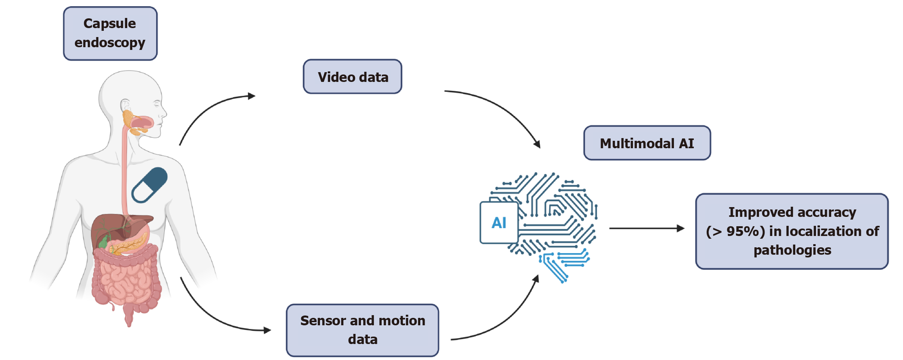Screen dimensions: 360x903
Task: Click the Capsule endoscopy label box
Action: click(110, 34)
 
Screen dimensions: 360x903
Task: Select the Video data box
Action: click(352, 77)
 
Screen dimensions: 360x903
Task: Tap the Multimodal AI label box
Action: click(647, 143)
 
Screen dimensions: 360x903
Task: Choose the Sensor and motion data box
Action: click(362, 330)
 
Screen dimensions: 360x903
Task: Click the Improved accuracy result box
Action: click(792, 231)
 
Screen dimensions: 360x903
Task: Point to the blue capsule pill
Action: click(150, 185)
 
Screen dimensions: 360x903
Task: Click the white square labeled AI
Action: click(499, 223)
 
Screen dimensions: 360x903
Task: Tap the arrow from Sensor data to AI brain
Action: click(507, 320)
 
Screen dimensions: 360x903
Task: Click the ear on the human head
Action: click(125, 106)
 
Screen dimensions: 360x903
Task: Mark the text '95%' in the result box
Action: click(745, 231)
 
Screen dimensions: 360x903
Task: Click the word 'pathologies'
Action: click(792, 250)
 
